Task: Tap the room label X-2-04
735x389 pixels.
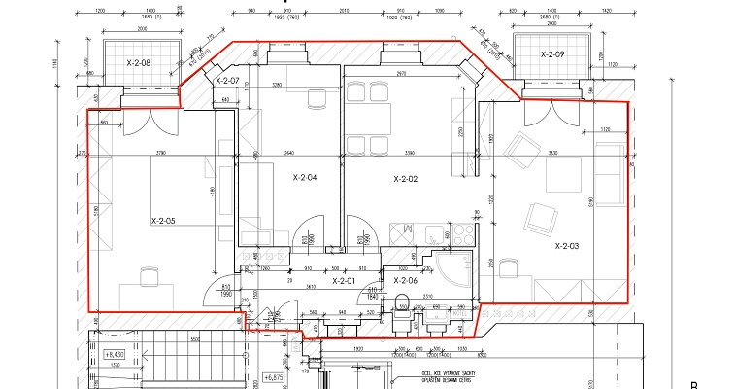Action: click(305, 178)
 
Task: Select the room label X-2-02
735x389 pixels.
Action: click(405, 179)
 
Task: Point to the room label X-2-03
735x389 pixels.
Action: click(567, 247)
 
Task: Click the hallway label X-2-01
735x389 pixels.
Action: click(344, 281)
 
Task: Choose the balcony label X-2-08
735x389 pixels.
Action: click(139, 63)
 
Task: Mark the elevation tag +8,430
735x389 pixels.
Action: click(114, 355)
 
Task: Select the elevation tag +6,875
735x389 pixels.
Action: click(277, 376)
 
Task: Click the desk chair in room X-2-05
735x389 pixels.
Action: click(148, 277)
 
